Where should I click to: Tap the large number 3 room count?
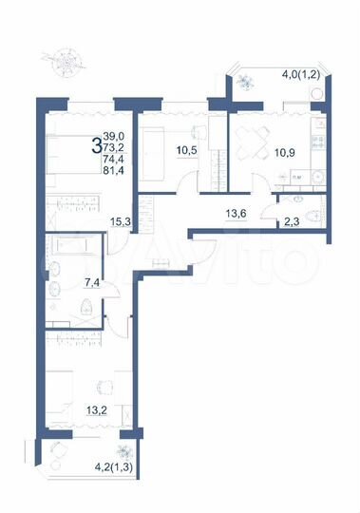pos(96,146)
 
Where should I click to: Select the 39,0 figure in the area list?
pos(113,137)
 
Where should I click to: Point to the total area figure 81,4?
pos(114,172)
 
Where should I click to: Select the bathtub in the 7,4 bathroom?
pos(72,251)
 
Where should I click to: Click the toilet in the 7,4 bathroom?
pos(85,305)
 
